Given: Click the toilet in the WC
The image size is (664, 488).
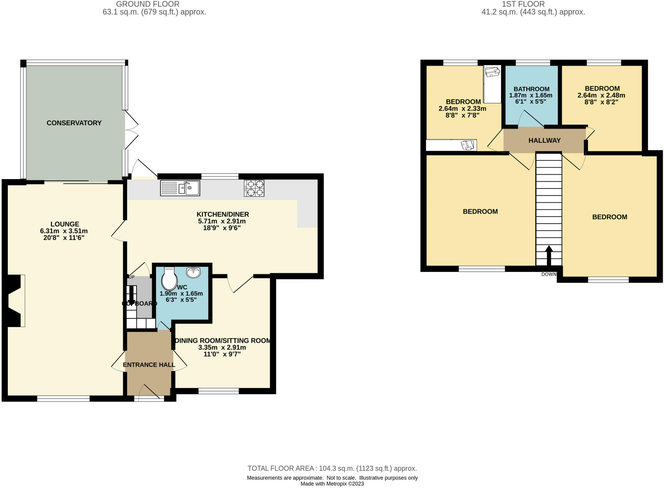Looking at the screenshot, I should coord(169,279).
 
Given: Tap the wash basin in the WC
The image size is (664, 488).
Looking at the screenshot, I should coord(193,273).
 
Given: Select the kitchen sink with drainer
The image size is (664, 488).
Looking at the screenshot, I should coord(180,188).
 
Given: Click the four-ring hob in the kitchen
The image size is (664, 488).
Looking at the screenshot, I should coord(254,188).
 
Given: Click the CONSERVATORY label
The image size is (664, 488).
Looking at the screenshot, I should coord(74,123).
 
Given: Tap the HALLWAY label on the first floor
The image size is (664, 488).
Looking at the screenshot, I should coord(544,140).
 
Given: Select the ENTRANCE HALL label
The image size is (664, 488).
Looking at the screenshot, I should coord(149,365).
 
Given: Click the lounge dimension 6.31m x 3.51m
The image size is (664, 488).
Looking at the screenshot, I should coord(64,231).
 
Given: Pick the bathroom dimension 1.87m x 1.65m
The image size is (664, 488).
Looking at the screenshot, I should coord(531,95).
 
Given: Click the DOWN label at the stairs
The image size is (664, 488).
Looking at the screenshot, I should coord(549,274).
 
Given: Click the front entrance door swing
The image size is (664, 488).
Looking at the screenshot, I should coord(150,392).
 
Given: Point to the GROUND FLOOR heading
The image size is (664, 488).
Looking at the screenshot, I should coord(148,4).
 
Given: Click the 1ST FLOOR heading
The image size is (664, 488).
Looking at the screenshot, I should coord(523,4).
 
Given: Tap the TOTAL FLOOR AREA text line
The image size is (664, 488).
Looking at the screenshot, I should coord(332,468).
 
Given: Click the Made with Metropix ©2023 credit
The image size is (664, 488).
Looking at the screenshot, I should coord(332,484).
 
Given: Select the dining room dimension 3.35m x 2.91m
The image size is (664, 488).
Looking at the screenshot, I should coord(222,348).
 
